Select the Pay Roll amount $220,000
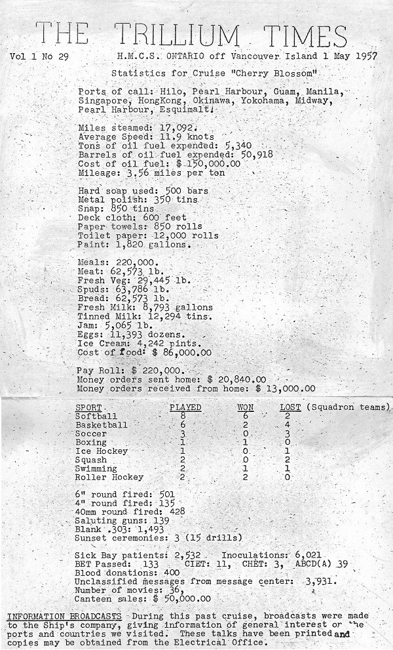click(x=160, y=370)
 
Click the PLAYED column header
click(x=185, y=407)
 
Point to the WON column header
click(x=246, y=407)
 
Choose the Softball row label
click(x=96, y=416)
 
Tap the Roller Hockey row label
click(x=109, y=477)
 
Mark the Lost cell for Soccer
click(x=287, y=434)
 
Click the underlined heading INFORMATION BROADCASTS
click(x=64, y=617)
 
